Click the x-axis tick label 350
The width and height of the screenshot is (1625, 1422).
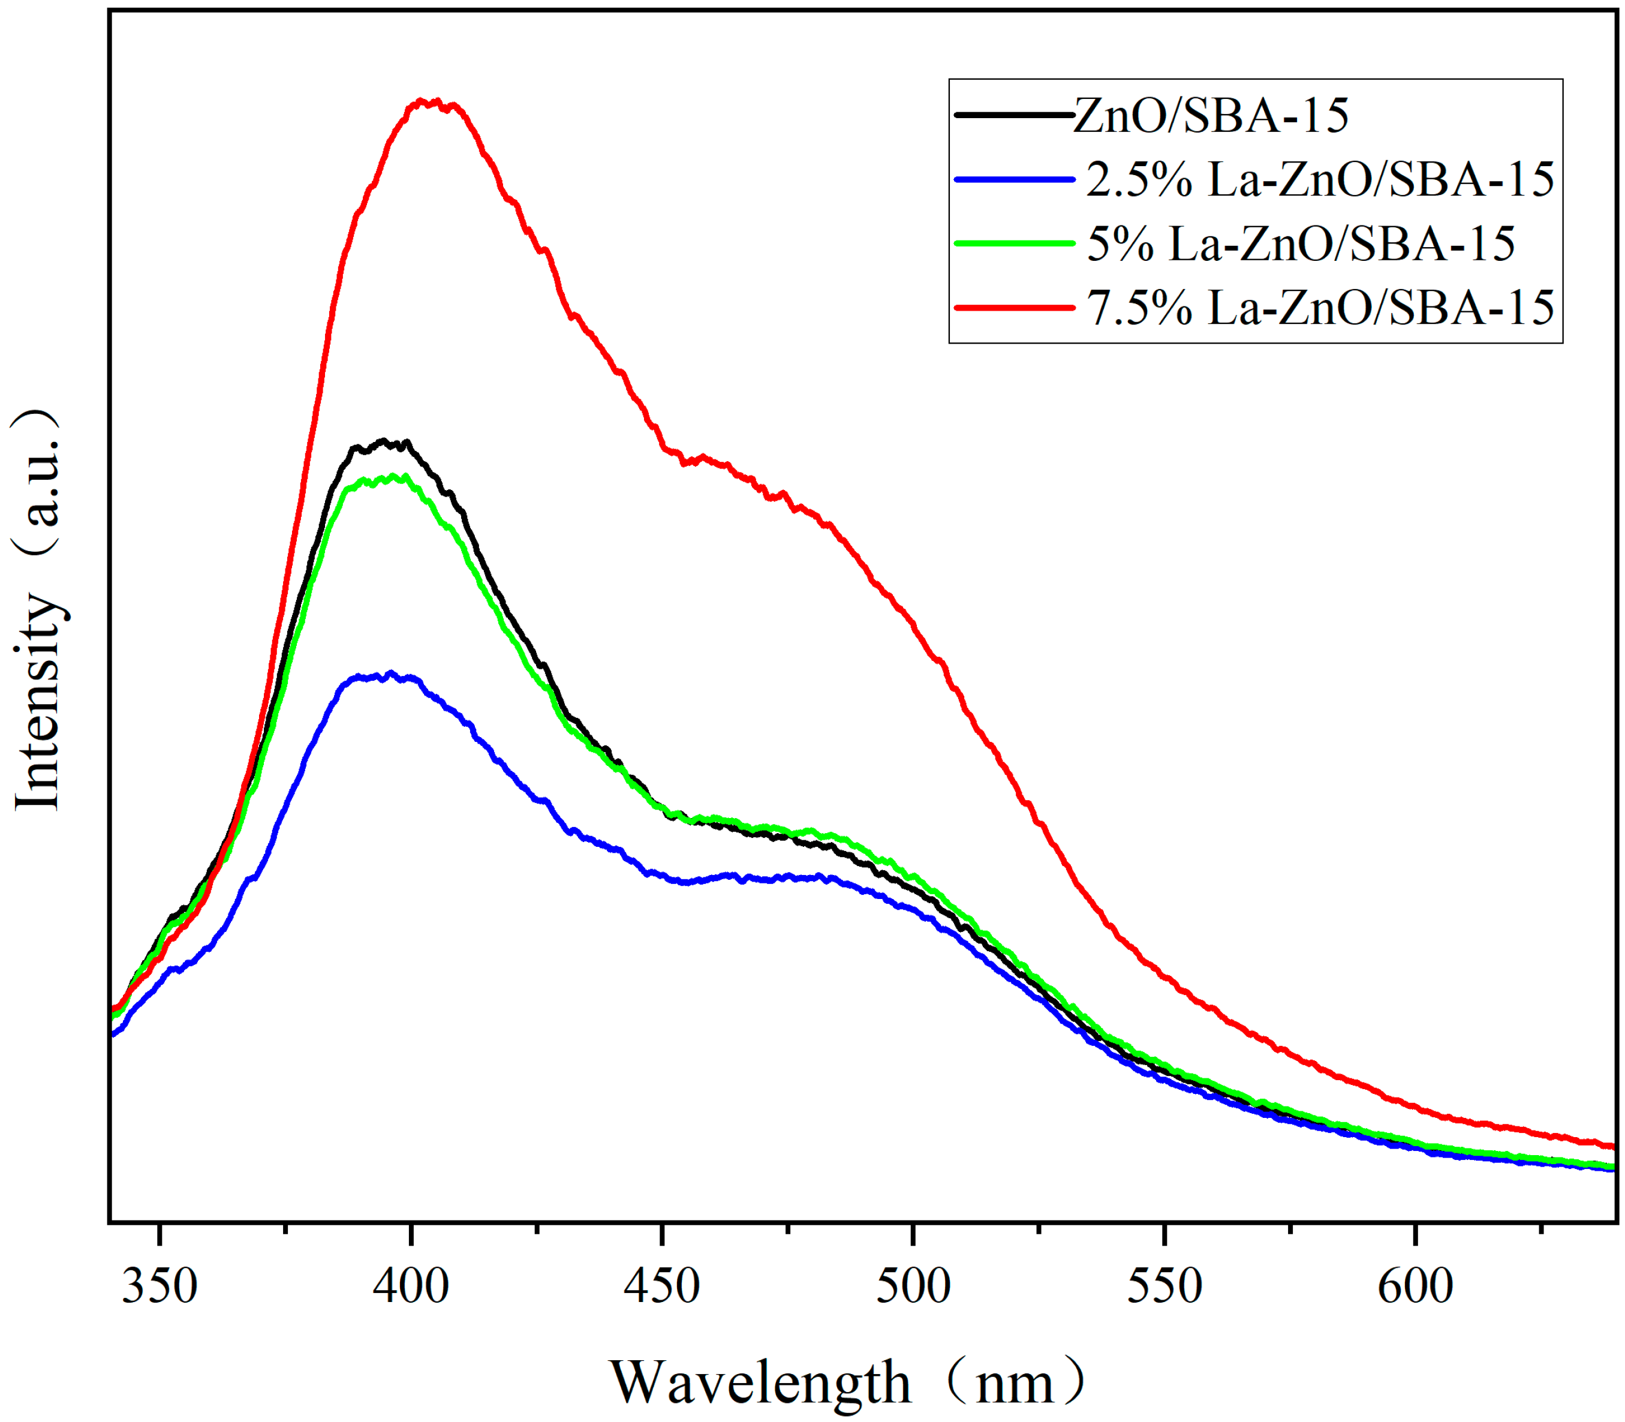[x=159, y=1286]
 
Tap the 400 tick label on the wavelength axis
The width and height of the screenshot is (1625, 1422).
[x=410, y=1286]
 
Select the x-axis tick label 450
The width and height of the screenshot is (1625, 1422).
[x=662, y=1286]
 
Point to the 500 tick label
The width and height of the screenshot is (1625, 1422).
[x=913, y=1286]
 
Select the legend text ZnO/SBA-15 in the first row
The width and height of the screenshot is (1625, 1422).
[x=1211, y=116]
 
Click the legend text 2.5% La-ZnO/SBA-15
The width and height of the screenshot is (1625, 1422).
[x=1320, y=179]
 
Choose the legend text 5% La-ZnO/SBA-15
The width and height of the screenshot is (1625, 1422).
[x=1301, y=243]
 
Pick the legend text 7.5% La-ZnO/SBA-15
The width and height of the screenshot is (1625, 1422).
[x=1320, y=308]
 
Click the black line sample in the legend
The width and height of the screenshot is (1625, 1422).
[x=1014, y=115]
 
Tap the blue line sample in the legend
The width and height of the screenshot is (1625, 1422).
[x=1014, y=179]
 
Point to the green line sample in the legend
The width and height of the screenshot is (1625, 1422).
[x=1014, y=243]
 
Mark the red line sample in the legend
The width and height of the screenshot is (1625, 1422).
[x=1014, y=307]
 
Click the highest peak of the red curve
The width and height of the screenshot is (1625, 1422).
[x=435, y=101]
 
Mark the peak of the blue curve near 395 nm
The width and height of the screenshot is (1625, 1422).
[x=390, y=675]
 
